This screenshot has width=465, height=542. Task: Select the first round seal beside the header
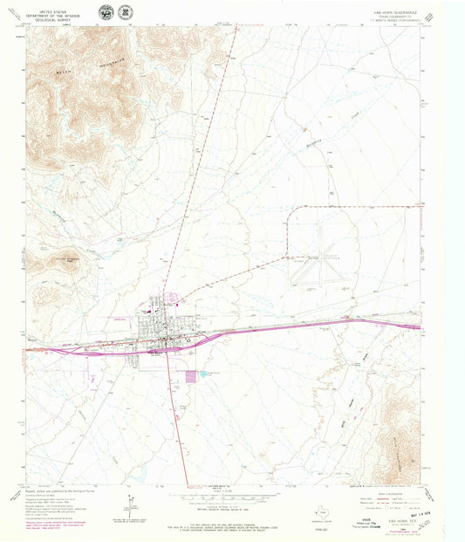[x=106, y=14]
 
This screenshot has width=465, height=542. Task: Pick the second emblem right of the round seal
[x=127, y=14]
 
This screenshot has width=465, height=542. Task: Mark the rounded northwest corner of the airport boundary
[x=292, y=210]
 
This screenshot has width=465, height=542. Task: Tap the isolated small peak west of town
[x=68, y=258]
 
